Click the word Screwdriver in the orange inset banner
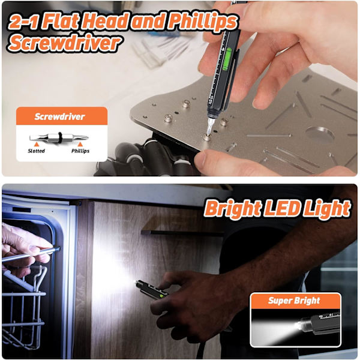click(x=59, y=116)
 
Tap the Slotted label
click(x=36, y=151)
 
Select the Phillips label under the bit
click(x=80, y=151)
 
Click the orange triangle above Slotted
click(x=36, y=144)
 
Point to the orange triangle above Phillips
click(x=80, y=144)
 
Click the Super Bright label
click(x=294, y=301)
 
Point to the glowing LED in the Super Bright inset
click(x=299, y=326)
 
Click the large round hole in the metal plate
click(x=320, y=134)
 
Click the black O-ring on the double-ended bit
click(x=60, y=137)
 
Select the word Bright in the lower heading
click(x=232, y=209)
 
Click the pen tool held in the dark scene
click(x=152, y=290)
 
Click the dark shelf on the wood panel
click(x=181, y=233)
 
